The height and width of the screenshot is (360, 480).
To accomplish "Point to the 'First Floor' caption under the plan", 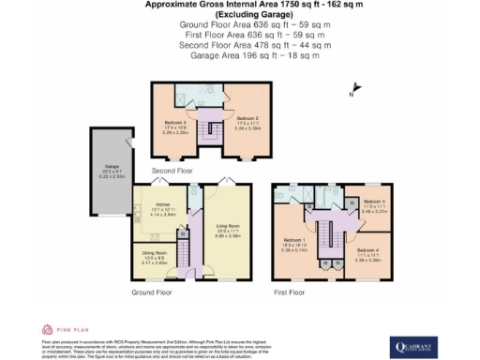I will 289,292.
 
